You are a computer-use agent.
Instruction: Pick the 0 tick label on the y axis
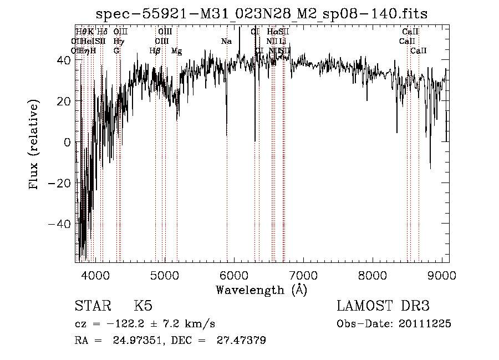click(x=67, y=143)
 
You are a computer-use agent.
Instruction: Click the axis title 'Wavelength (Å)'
click(x=261, y=290)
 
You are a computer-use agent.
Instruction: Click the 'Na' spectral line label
click(x=226, y=42)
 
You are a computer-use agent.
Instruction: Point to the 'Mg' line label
click(x=176, y=51)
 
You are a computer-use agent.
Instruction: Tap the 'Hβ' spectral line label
click(x=155, y=51)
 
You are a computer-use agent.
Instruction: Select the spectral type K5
click(x=143, y=306)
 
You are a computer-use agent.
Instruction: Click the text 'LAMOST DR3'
click(x=383, y=306)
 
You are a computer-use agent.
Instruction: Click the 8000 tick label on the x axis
click(x=372, y=276)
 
